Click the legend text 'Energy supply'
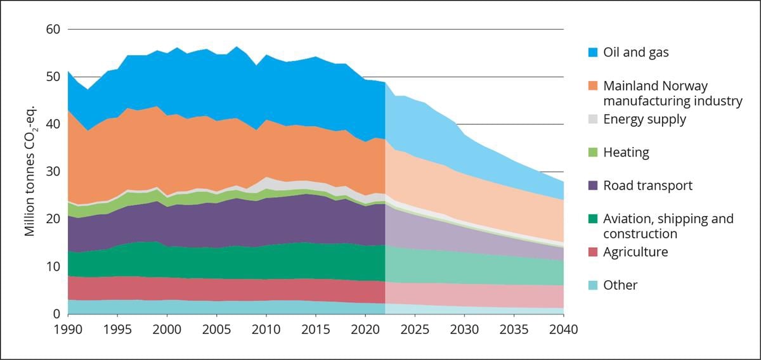(644, 119)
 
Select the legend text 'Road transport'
(647, 186)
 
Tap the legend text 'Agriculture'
(635, 252)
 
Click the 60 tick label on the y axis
(53, 29)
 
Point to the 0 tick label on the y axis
(56, 314)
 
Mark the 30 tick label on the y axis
(53, 172)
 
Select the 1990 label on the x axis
(68, 330)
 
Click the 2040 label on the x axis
(564, 330)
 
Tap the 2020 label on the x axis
(365, 330)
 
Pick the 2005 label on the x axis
(217, 330)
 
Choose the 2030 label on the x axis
(464, 330)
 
